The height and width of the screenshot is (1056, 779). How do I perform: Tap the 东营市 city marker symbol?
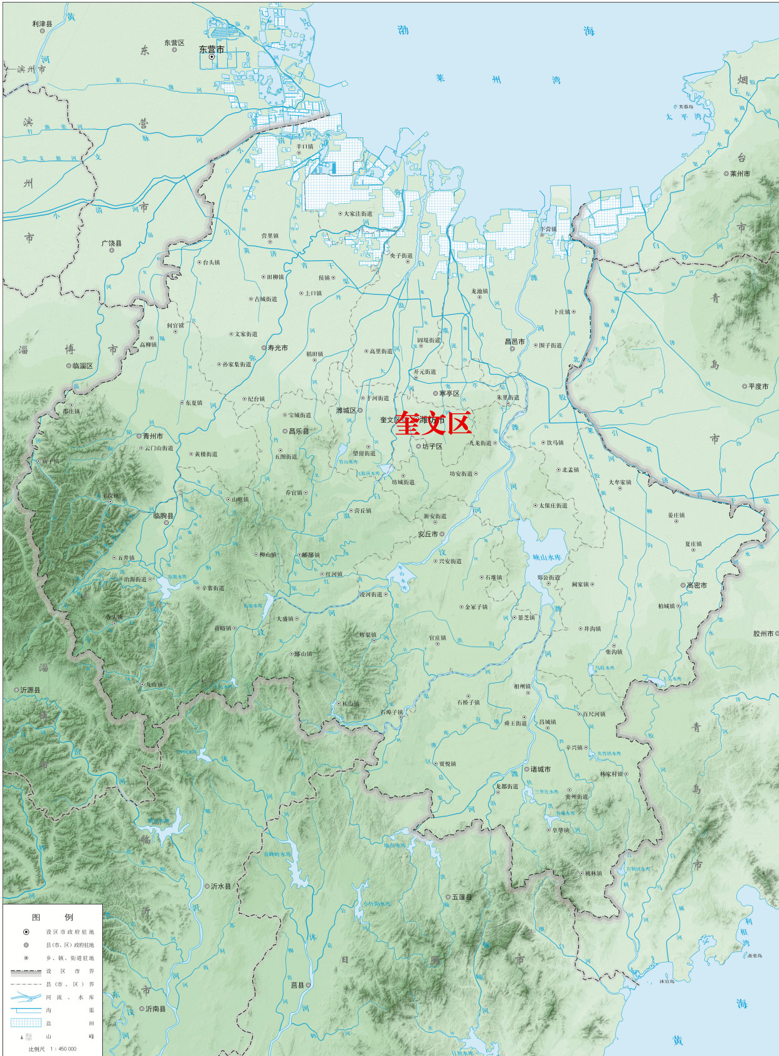pos(211,57)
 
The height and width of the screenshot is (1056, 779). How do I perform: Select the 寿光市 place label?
pos(278,348)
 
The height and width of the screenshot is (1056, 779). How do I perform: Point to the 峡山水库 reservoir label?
pos(547,557)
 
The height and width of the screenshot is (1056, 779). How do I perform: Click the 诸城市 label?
pos(540,769)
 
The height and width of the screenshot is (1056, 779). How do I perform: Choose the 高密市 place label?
pos(696,585)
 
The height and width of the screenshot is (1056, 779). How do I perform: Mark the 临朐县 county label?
pos(164,516)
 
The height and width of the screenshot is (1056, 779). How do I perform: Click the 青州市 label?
pos(152,436)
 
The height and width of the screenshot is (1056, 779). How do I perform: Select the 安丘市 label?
pos(428,534)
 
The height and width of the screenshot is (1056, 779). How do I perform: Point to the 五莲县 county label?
pos(462,897)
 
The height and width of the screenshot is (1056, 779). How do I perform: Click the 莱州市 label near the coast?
pos(739,174)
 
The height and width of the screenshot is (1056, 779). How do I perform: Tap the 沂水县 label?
pos(221,886)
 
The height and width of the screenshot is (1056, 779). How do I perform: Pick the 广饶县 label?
pos(112,243)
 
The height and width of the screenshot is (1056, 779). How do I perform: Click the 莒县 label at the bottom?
pos(297,985)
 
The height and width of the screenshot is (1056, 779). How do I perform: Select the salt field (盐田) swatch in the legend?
pos(26,1023)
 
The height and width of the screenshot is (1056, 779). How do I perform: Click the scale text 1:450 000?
pos(62,1048)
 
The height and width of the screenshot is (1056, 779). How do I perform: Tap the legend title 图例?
pos(52,917)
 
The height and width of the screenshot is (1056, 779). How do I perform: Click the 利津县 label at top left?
pos(42,24)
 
